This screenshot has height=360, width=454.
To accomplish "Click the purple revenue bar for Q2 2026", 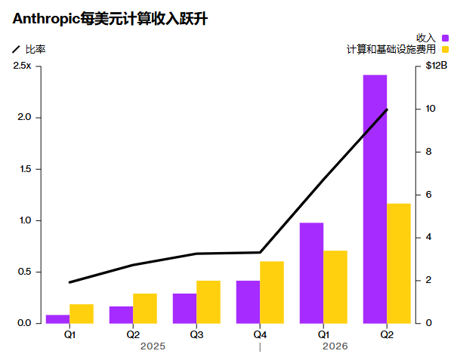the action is click(x=375, y=199).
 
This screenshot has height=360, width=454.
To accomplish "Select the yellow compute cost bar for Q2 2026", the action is click(x=399, y=263).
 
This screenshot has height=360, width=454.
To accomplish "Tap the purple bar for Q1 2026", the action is click(x=311, y=273).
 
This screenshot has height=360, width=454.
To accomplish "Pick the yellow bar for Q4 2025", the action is click(x=272, y=292).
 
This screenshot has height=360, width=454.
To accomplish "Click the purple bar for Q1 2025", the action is click(x=57, y=319).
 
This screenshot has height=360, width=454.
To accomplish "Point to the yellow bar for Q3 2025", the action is click(x=208, y=302).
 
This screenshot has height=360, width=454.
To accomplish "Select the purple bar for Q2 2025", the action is click(x=121, y=315).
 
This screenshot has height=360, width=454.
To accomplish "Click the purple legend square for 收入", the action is click(x=445, y=38).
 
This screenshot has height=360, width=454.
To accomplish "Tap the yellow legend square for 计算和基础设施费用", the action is click(x=445, y=50).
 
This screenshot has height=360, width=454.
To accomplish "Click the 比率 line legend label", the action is click(x=36, y=50).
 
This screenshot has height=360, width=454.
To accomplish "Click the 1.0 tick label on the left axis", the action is click(x=25, y=220).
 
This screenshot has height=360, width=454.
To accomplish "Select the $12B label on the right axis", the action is click(x=437, y=66).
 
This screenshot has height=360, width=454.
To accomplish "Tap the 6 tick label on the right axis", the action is click(x=428, y=195).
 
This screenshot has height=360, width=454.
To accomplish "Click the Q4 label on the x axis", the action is click(x=260, y=335).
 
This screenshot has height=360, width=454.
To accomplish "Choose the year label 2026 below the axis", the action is click(x=335, y=346).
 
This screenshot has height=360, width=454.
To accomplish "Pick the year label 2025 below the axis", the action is click(x=153, y=346).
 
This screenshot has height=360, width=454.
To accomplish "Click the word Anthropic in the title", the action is click(x=46, y=19).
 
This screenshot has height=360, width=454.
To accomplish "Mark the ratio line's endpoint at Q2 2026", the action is click(x=387, y=109).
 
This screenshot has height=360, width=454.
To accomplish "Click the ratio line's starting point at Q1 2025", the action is click(x=69, y=282).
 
